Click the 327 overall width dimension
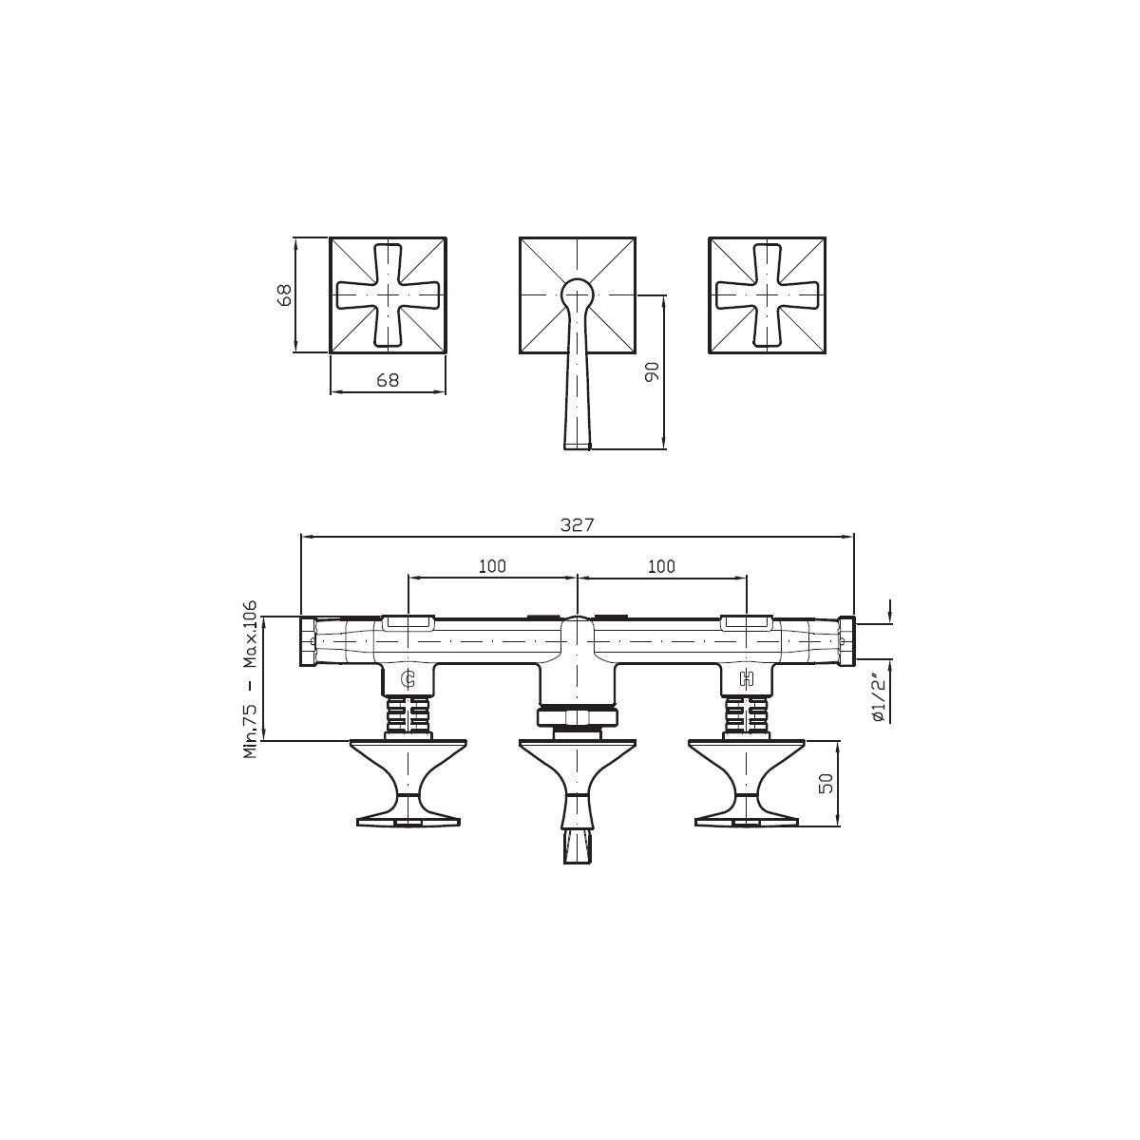[577, 524]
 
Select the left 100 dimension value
[492, 566]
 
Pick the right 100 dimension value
[661, 566]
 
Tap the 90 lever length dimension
[652, 371]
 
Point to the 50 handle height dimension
[826, 783]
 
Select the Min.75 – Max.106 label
[251, 679]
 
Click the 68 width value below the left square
[388, 380]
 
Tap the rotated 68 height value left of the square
[284, 294]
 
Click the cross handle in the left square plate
[388, 294]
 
